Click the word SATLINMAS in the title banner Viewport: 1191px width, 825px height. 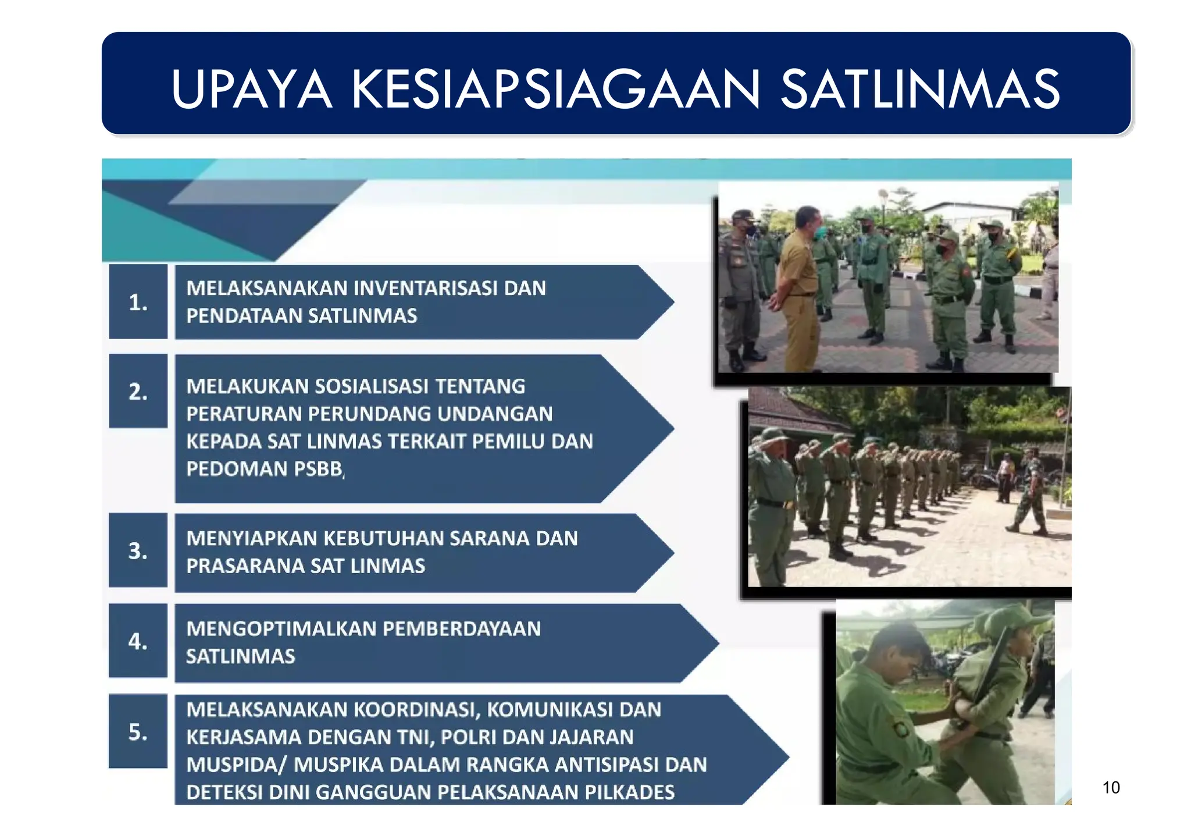[921, 89]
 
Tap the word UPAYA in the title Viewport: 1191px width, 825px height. [251, 89]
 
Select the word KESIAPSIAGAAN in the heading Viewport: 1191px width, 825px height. [555, 89]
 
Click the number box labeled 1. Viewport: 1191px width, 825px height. [138, 302]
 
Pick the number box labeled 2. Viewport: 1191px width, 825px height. [138, 391]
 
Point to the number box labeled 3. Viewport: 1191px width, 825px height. [138, 550]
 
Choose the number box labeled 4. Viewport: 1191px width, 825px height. [138, 641]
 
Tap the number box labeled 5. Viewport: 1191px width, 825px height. [138, 731]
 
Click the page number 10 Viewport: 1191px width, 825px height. [1111, 788]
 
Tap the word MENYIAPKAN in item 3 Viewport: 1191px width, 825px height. [251, 538]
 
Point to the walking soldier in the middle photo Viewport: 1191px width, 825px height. [1030, 492]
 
